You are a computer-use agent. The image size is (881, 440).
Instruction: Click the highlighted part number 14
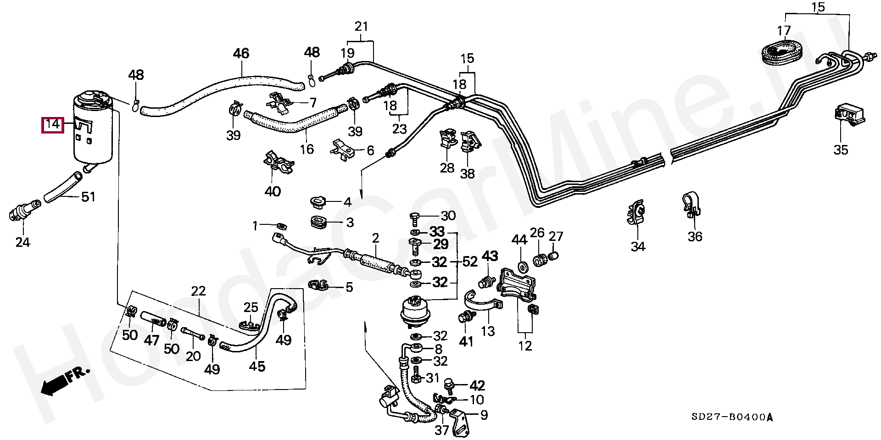(52, 124)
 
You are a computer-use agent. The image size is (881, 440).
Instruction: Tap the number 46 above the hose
(241, 54)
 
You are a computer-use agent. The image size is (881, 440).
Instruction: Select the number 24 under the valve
(22, 242)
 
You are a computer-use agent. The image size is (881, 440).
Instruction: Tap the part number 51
(88, 197)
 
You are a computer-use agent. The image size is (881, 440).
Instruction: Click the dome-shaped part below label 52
(414, 310)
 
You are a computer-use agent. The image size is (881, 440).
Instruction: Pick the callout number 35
(841, 150)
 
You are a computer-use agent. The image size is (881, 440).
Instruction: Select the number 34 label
(638, 247)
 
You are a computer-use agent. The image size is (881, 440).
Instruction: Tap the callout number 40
(273, 191)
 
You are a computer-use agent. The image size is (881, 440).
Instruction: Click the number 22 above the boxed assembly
(198, 291)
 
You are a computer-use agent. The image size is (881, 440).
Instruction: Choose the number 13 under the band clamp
(488, 330)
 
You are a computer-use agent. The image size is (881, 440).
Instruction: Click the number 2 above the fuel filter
(375, 238)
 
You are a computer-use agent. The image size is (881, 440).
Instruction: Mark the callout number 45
(257, 366)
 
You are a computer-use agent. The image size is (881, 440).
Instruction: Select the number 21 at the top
(362, 27)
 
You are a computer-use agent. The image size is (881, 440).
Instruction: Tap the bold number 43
(490, 256)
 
